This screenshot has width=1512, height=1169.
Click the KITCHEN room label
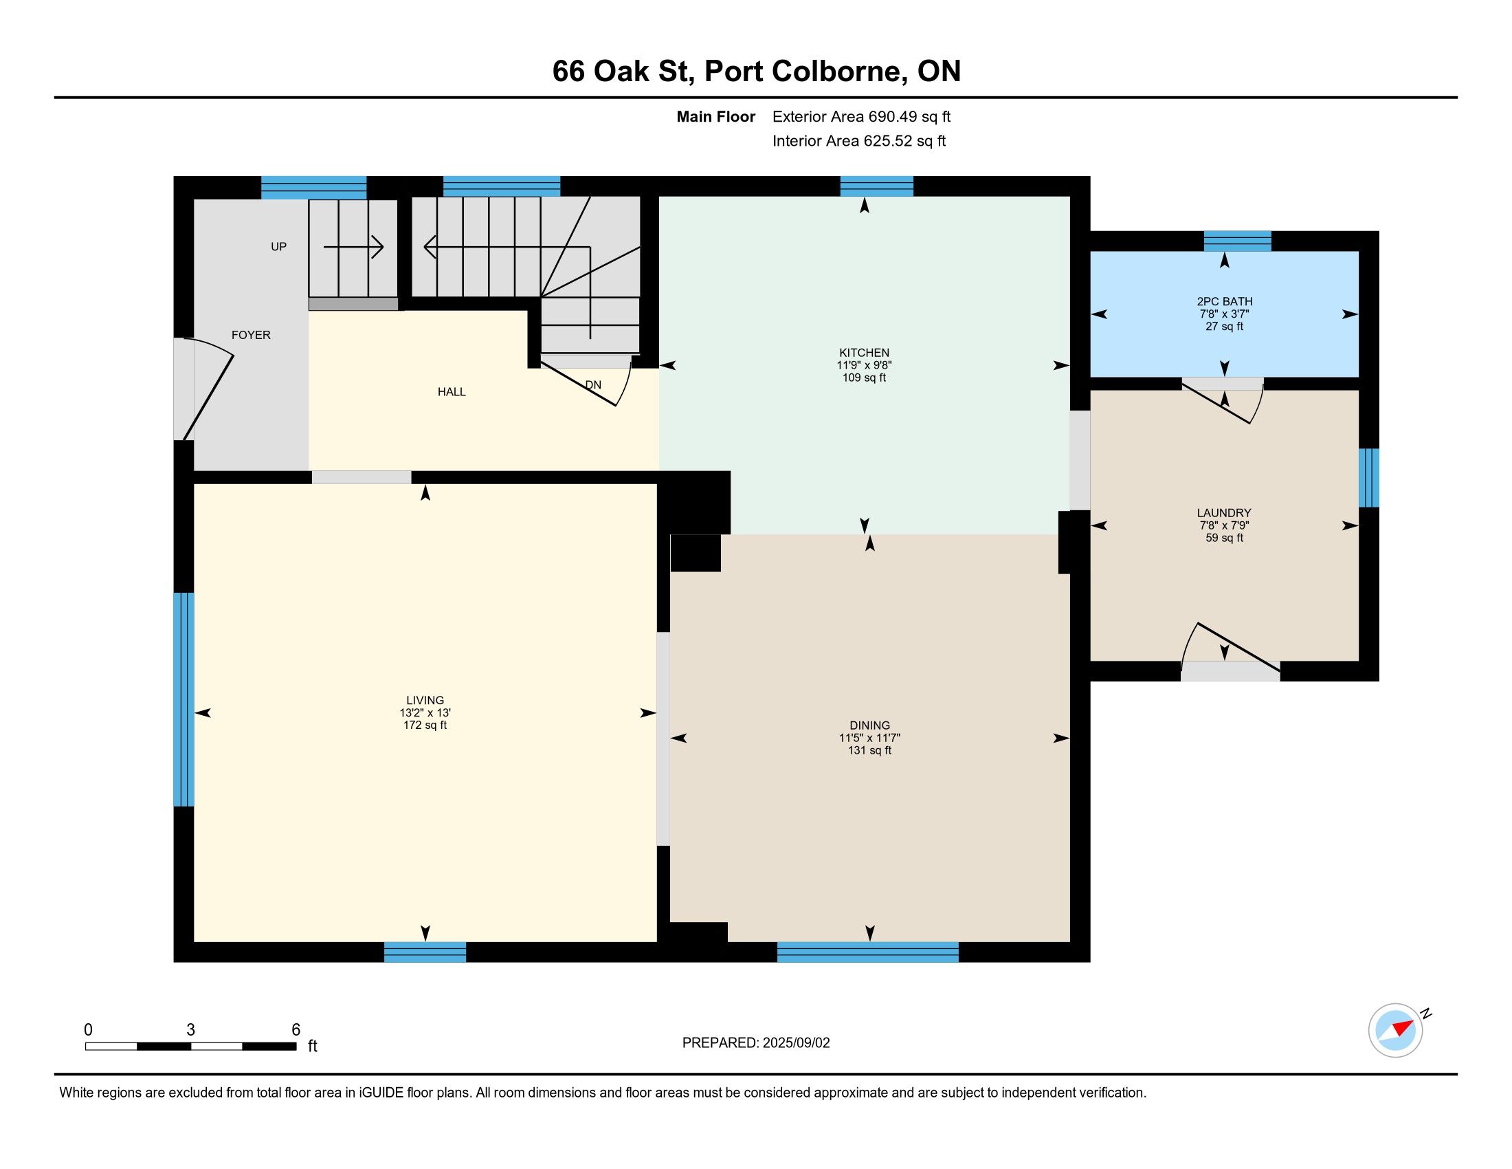coord(864,353)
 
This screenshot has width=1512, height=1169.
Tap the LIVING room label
coord(425,700)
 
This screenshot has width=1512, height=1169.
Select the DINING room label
coord(869,725)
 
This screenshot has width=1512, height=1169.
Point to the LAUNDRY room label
coord(1224,513)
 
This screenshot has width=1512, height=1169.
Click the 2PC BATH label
coord(1225,301)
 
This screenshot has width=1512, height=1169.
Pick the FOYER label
coord(251,335)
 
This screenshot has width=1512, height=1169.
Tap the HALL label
coord(452,392)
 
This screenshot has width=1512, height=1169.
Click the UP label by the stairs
coord(278,247)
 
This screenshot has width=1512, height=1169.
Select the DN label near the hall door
coord(593,385)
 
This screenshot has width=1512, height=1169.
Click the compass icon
coord(1396,1030)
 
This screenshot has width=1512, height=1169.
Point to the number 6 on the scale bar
coord(296,1030)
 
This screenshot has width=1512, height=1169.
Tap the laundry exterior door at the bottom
coord(1230,651)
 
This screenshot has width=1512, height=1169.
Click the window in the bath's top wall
coord(1237,241)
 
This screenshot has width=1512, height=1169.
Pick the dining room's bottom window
coord(867,952)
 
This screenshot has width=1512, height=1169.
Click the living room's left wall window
coord(184,699)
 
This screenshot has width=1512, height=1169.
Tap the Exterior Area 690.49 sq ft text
coord(861,117)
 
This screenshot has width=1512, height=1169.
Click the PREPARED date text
coord(756,1043)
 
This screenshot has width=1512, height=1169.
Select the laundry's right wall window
coord(1368,478)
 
